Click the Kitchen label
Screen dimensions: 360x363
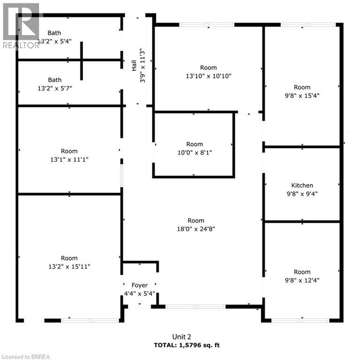302,185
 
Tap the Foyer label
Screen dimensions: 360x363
139,285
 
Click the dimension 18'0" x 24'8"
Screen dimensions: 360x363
196,229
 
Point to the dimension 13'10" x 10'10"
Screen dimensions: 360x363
208,75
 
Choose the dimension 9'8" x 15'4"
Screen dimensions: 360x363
302,95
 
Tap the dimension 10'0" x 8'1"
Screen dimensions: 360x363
194,152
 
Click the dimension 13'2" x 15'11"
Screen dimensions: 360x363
69,266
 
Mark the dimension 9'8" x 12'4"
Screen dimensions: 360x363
302,280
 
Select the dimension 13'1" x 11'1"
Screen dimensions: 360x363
69,159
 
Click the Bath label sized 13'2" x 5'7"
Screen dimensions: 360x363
54,80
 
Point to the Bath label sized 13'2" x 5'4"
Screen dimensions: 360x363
54,33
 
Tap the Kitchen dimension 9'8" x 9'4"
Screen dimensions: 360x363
302,193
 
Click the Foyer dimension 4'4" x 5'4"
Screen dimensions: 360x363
139,293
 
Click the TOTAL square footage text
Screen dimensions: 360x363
187,345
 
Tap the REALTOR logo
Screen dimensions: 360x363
21,26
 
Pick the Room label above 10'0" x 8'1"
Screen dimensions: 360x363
194,144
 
